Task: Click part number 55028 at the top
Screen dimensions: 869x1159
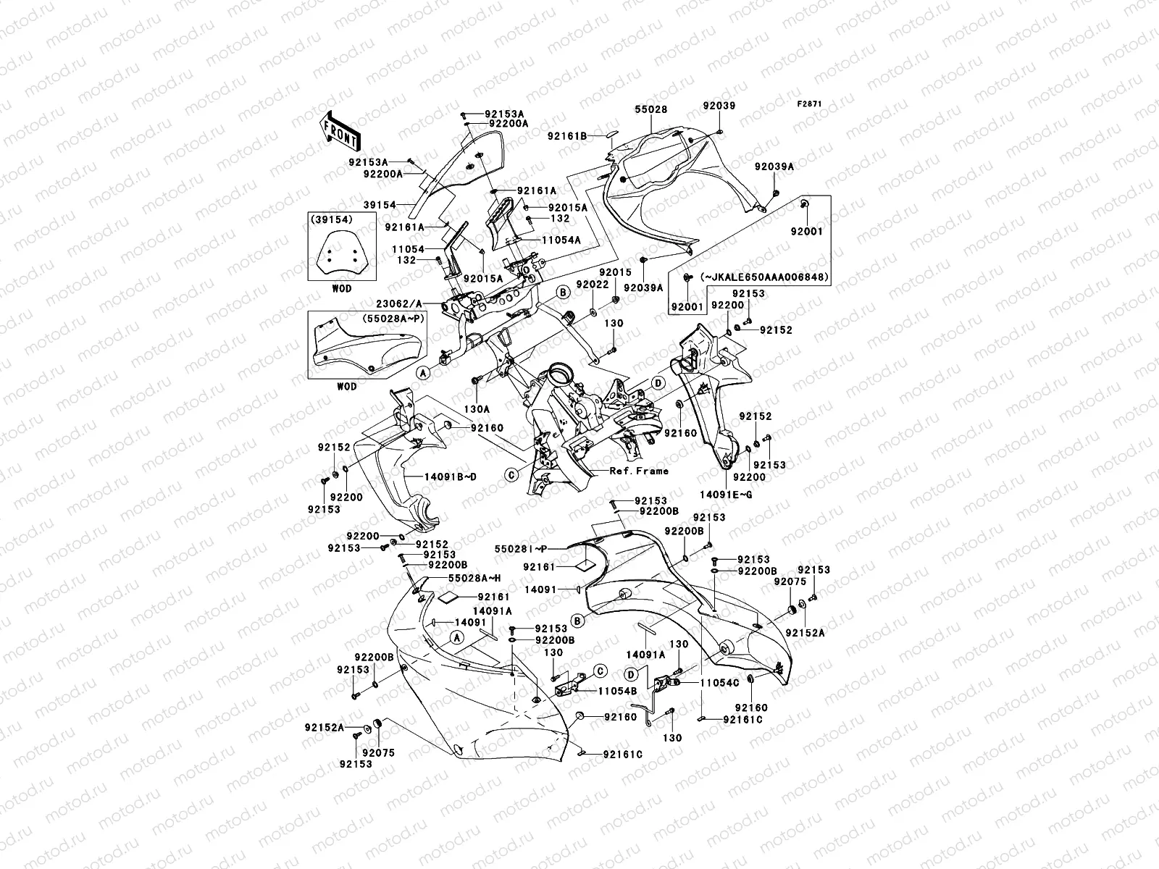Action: (651, 109)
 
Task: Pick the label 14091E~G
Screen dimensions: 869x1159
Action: (726, 494)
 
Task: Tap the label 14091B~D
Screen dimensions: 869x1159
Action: (430, 477)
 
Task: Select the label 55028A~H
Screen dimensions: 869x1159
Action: (474, 578)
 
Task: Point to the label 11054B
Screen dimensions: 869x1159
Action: (617, 691)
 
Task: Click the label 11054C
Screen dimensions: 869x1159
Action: (719, 682)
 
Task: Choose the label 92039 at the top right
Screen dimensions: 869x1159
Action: (718, 106)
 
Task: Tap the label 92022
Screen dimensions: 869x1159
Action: (592, 285)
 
